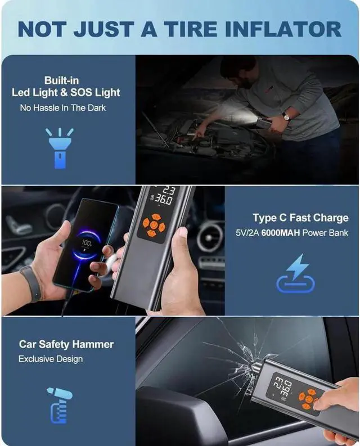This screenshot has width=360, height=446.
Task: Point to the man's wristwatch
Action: [286, 116]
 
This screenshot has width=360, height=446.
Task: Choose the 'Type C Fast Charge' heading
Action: [300, 218]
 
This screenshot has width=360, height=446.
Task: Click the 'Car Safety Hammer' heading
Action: [66, 344]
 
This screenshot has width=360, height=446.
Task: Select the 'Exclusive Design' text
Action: [51, 359]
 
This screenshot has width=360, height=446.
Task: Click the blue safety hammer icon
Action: [57, 404]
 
